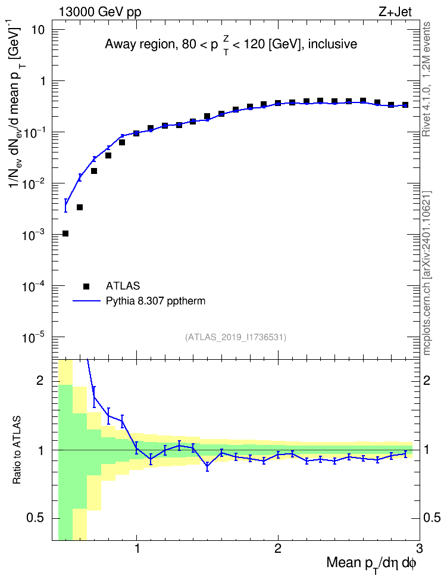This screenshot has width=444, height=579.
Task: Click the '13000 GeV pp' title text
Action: coord(99,12)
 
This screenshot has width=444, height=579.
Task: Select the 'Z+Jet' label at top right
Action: coord(395,12)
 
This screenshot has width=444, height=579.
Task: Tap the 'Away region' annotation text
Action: coord(139,44)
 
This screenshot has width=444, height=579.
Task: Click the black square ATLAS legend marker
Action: coord(86,286)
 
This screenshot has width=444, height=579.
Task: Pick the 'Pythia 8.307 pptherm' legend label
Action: coord(155,301)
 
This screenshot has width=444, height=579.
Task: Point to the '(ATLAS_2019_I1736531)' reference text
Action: coord(236,337)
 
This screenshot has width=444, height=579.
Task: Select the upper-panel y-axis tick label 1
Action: coord(42,81)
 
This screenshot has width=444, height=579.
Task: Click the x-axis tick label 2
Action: coord(278,549)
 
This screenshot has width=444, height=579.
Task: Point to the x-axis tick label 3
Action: coord(419,549)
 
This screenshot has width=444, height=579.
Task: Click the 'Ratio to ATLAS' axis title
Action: coord(17,450)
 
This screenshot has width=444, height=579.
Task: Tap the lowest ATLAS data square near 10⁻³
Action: coord(65,234)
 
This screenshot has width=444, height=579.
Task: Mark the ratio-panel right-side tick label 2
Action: coord(427,380)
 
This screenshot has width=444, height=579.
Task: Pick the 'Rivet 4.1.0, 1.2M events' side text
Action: coord(427,79)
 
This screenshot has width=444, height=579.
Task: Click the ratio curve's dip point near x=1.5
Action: coord(207,466)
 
